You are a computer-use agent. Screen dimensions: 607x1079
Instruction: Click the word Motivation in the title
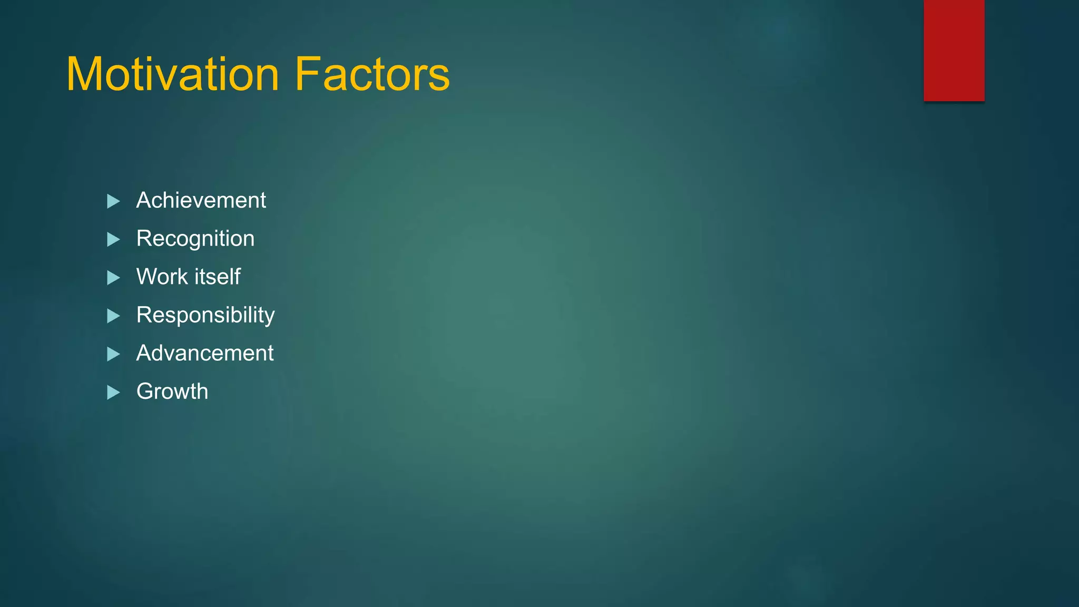[172, 74]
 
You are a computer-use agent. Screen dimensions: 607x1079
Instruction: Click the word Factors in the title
[372, 74]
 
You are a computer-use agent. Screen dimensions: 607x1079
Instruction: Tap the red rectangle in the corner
[954, 51]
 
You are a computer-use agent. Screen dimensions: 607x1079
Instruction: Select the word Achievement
[201, 200]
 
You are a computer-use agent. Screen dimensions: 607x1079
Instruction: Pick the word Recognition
[195, 239]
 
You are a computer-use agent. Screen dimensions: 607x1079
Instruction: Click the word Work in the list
[162, 277]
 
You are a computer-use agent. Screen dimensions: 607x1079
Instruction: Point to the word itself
[218, 277]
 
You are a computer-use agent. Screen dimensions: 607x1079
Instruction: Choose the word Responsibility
[205, 315]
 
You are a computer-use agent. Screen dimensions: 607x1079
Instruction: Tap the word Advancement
[204, 353]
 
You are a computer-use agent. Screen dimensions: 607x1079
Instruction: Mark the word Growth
[172, 391]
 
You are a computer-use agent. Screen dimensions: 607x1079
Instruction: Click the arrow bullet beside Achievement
[113, 201]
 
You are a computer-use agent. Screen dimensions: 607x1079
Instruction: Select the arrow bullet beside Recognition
[113, 240]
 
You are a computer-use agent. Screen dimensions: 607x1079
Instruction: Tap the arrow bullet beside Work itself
[113, 278]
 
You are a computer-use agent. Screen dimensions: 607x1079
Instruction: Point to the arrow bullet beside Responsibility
[113, 316]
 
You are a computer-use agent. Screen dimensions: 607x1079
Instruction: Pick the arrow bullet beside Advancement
[113, 354]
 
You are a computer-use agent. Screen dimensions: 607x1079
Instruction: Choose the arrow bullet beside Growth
[113, 393]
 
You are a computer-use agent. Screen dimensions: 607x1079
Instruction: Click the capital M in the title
[86, 74]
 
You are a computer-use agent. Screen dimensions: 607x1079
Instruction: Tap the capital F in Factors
[307, 74]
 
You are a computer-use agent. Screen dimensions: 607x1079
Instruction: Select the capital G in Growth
[145, 391]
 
